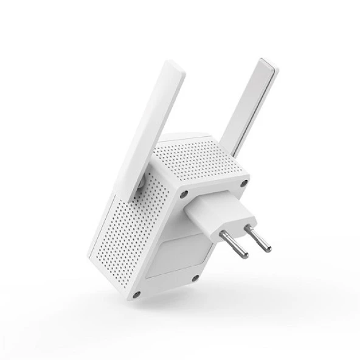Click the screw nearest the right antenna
pos(244,182)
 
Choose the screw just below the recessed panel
pos(195,278)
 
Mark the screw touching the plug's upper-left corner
pos(182,195)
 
